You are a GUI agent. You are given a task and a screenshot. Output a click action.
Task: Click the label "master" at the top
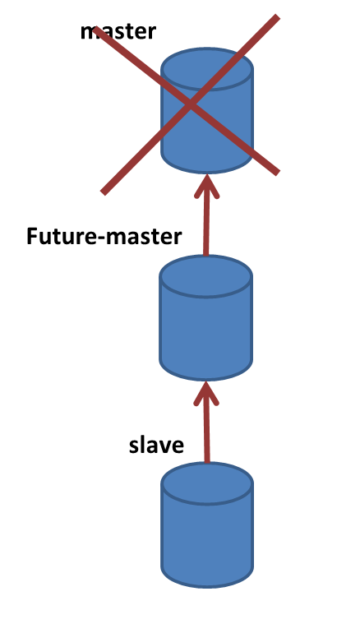point(118,31)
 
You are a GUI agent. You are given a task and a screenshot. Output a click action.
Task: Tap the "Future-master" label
point(104,236)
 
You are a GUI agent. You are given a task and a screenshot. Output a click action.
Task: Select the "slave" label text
point(157,445)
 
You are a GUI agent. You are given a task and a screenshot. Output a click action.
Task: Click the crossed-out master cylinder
point(207,111)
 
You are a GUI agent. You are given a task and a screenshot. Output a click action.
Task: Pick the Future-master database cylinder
point(206,317)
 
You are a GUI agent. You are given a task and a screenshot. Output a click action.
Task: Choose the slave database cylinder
point(207,524)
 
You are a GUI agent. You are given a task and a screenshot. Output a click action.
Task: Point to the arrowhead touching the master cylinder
point(206,186)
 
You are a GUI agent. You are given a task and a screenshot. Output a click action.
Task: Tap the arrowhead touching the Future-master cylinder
point(206,394)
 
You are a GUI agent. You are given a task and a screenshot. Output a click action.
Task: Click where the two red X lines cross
point(191,104)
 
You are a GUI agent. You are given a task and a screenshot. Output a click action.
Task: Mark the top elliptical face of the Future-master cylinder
point(206,276)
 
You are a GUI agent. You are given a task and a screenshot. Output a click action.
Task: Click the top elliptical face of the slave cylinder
point(207,483)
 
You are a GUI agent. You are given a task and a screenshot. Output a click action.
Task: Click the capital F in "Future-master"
point(32,236)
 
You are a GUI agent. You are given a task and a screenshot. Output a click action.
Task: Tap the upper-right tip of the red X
point(277,17)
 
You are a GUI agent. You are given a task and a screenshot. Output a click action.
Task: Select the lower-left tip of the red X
point(104,192)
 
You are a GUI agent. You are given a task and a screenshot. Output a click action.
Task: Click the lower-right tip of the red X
point(277,173)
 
